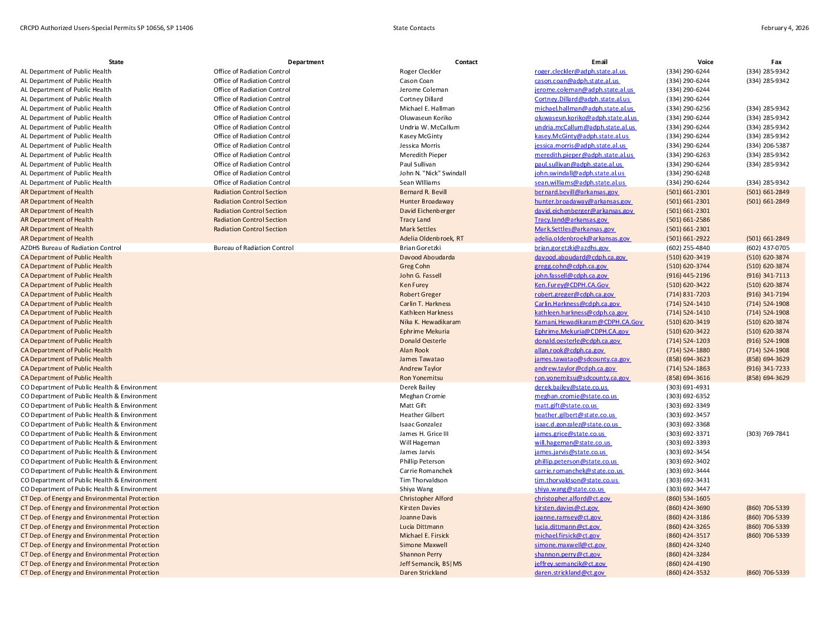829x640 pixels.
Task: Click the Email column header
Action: [x=599, y=62]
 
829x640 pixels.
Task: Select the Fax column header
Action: [x=776, y=62]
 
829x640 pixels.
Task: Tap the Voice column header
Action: [x=705, y=62]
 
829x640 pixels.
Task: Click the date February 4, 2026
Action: [x=784, y=28]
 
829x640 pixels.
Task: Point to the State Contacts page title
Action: [x=414, y=28]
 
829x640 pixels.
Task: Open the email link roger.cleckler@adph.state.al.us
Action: [x=580, y=72]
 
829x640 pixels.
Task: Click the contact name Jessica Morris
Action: [x=420, y=146]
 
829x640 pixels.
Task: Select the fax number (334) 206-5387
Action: [x=767, y=146]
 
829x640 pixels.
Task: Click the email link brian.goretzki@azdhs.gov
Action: [x=571, y=248]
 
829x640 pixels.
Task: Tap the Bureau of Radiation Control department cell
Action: [x=253, y=248]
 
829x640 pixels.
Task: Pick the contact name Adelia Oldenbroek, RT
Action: [x=432, y=239]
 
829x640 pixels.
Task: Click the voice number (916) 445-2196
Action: [x=688, y=276]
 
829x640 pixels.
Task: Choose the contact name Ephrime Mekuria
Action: [x=424, y=332]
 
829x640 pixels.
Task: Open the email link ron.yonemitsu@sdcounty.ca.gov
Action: [x=582, y=378]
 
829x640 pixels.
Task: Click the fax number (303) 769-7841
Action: [x=767, y=434]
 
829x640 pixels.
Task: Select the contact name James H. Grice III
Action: [x=424, y=434]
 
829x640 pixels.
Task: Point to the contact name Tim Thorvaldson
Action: [x=423, y=481]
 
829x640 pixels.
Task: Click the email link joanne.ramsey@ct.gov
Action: [x=568, y=518]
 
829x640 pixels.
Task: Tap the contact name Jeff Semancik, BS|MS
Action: [x=430, y=564]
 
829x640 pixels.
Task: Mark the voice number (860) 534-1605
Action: [x=688, y=499]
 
